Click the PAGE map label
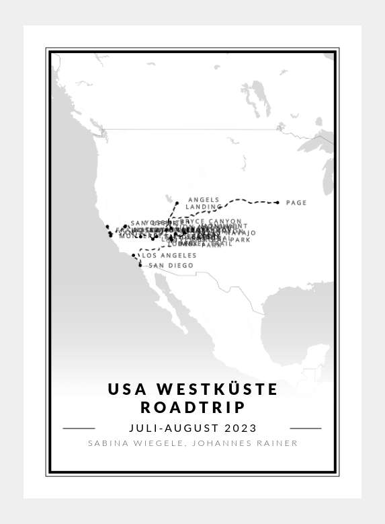coord(296,202)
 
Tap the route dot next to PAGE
coord(277,202)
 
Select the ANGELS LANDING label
coord(204,203)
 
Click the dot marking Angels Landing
coord(177,202)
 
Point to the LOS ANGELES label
coord(169,256)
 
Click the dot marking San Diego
coord(140,265)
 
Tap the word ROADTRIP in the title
coord(193,408)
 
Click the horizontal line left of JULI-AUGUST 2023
coord(79,428)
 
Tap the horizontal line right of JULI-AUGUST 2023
coord(306,428)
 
